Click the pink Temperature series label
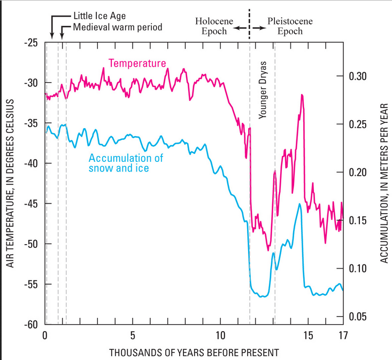137,64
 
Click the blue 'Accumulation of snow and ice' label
125,163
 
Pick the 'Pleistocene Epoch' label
290,26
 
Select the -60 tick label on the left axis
31,324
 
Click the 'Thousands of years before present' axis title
194,353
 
